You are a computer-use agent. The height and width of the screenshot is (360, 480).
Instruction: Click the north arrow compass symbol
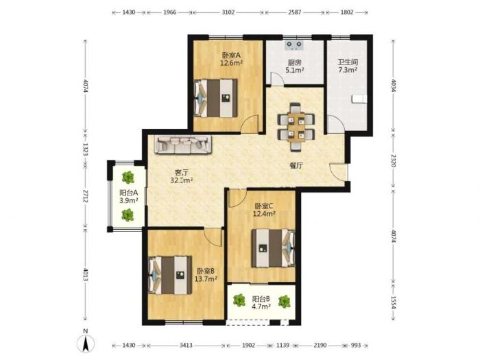tap(86, 343)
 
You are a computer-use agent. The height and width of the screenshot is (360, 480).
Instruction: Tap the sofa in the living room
tap(183, 144)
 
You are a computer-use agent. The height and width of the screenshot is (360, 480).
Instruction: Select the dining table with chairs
tap(296, 127)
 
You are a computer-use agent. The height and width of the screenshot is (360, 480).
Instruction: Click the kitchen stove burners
tap(294, 45)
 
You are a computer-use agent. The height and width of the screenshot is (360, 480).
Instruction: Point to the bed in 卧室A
tap(215, 98)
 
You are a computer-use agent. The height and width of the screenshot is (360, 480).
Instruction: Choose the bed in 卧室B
tap(170, 275)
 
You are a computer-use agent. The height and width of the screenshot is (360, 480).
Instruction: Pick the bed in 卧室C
tap(274, 248)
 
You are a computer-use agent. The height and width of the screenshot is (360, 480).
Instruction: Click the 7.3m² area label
tap(348, 70)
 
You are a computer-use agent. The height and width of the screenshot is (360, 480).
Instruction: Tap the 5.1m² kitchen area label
tap(294, 70)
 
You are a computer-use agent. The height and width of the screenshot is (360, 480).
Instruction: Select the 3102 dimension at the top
tap(228, 12)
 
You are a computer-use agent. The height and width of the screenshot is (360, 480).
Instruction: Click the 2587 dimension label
tap(294, 12)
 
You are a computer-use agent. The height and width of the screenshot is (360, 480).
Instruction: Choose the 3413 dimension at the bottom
tap(186, 346)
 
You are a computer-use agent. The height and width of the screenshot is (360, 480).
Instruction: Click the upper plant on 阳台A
tap(128, 177)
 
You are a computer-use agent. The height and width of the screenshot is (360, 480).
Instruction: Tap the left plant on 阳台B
tap(239, 300)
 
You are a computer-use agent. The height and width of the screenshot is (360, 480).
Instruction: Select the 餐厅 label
tap(296, 166)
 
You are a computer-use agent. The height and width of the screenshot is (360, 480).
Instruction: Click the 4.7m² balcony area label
tap(261, 306)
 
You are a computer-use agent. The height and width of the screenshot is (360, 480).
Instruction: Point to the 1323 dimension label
tap(86, 149)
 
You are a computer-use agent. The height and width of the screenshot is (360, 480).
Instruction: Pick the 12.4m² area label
tap(264, 214)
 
